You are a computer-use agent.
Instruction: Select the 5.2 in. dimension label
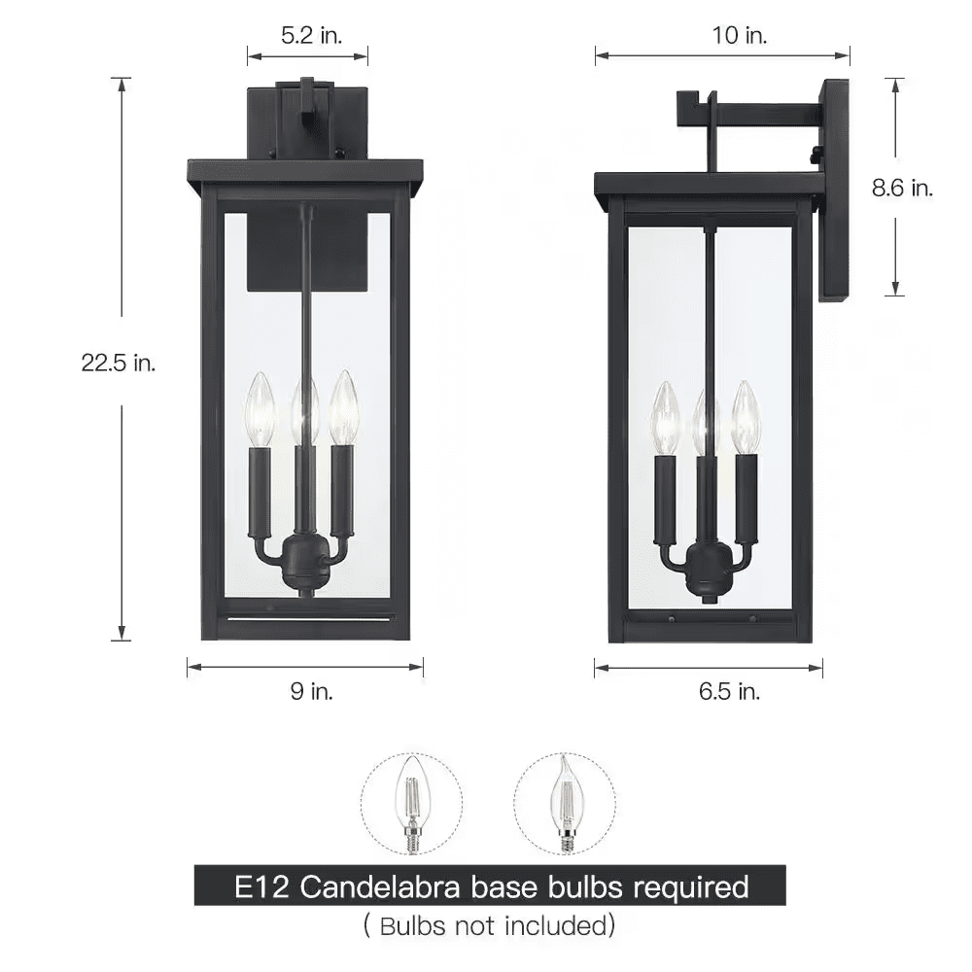309,36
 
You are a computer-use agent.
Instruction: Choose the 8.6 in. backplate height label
902,189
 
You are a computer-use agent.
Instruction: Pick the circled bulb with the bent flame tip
564,803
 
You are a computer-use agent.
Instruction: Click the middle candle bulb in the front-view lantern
306,408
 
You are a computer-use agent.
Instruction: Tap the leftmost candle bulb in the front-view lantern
260,408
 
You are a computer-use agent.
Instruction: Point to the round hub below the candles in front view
306,565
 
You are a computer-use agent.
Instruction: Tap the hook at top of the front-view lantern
308,107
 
